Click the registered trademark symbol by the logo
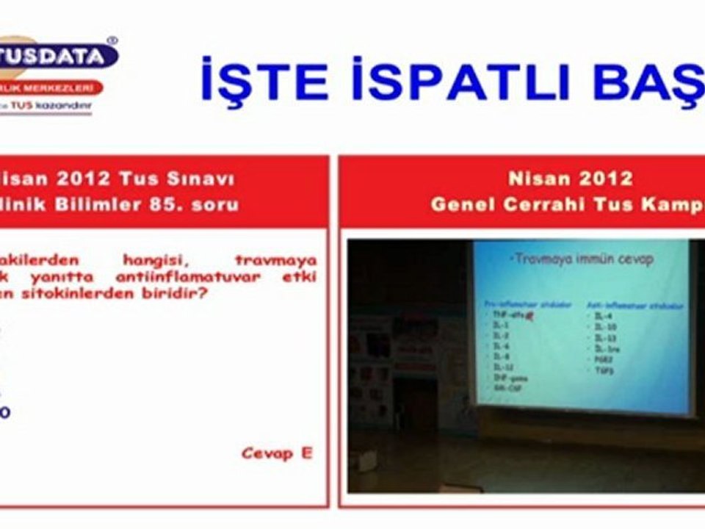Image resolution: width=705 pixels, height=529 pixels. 112,40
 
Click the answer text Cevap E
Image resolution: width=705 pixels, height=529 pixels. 277,453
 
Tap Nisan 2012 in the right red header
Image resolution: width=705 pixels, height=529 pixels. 570,179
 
